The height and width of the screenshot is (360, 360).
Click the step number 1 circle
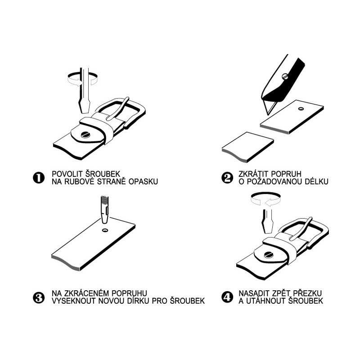[39, 178]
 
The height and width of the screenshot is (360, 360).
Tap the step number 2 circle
[227, 178]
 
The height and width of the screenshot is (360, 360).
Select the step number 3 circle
[39, 297]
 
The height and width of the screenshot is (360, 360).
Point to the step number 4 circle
[227, 297]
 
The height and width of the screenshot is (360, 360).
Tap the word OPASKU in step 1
[143, 181]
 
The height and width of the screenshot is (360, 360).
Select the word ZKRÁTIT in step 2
[254, 174]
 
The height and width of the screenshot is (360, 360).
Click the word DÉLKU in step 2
[316, 181]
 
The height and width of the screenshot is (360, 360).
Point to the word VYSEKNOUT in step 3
[74, 301]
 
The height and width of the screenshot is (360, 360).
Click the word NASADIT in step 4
[254, 293]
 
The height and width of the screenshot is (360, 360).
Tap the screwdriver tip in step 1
[85, 112]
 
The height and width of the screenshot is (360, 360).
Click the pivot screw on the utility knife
[285, 76]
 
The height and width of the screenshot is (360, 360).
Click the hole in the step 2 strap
[301, 108]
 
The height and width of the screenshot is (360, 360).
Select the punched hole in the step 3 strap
[105, 230]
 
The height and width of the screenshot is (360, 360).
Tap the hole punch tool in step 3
[105, 209]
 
